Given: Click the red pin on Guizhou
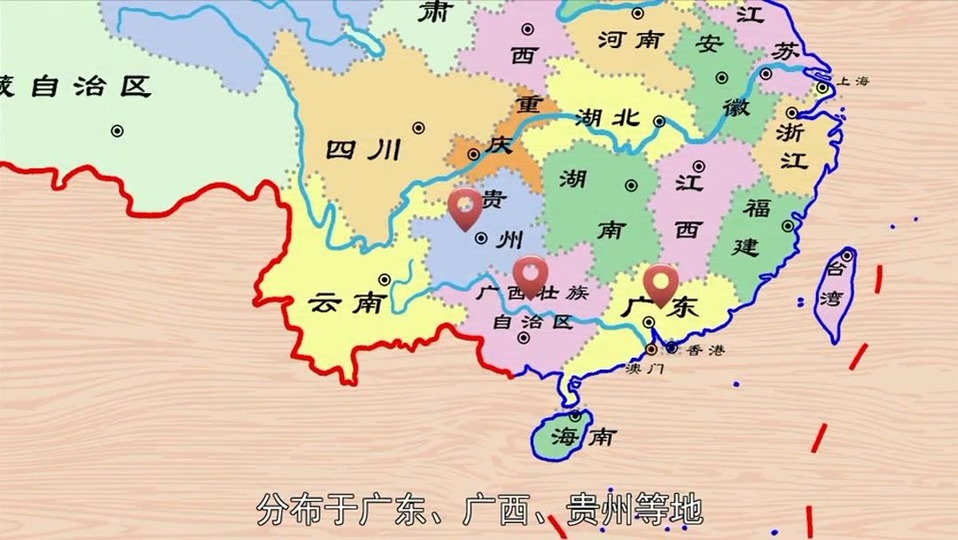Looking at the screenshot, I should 465,207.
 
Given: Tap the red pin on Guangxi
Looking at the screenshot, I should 530,273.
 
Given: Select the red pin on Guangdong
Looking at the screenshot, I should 661,282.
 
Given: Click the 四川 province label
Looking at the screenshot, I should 364,148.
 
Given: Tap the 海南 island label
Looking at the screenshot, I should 582,436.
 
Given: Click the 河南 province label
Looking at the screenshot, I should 631,39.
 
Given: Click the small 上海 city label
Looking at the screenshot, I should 853,81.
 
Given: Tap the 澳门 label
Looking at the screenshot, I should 643,367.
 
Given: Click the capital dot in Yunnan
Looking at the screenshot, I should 384,279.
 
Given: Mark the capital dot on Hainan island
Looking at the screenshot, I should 576,415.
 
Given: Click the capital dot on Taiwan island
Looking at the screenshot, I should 847,256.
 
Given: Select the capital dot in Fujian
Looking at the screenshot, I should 788,226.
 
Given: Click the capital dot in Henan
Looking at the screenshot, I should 638,13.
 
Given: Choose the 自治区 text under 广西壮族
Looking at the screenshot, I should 532,321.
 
